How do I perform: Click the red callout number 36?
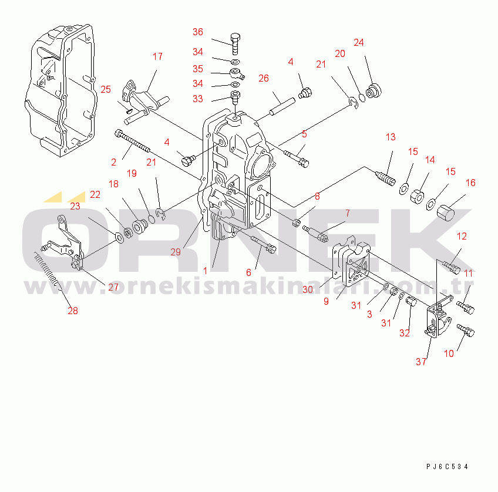coord(198,32)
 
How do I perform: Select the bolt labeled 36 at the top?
coord(235,43)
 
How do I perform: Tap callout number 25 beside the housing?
coord(106,89)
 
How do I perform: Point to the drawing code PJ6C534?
coord(447,466)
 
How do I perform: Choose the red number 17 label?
coord(157,56)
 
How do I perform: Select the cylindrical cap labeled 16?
coord(446,213)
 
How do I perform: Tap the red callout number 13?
coord(391,137)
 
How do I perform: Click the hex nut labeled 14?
coord(417,197)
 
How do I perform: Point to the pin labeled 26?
coord(282,106)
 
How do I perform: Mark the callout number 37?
coord(421,362)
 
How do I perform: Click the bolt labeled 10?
coord(466,331)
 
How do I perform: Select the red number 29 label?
coord(176,252)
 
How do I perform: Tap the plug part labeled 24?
coord(374,90)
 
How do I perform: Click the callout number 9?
coord(326,302)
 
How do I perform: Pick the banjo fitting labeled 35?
coord(237,73)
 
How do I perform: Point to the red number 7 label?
coord(348,213)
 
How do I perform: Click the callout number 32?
coord(405,333)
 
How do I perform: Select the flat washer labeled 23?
coord(120,237)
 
